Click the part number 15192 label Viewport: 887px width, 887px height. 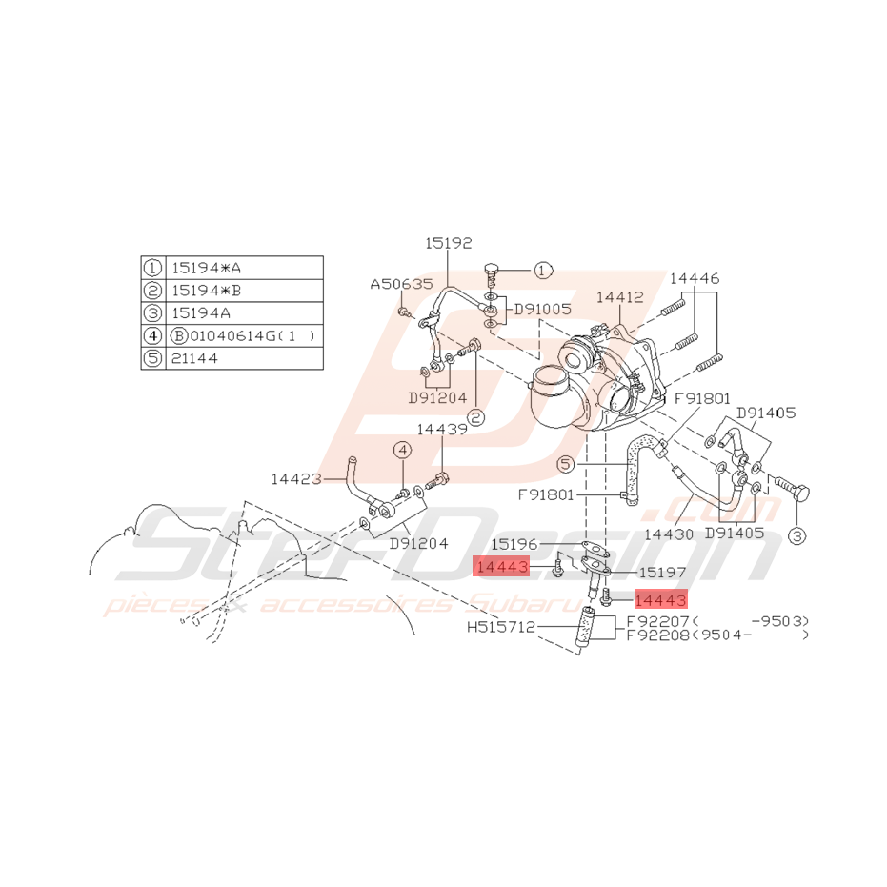point(447,243)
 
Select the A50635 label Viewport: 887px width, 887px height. point(401,284)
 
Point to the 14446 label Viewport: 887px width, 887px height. point(694,278)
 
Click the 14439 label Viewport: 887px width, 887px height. point(442,430)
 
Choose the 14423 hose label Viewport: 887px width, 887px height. point(296,478)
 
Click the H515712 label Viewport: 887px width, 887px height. point(501,628)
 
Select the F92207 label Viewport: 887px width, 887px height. point(658,621)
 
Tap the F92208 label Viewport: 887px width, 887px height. point(658,635)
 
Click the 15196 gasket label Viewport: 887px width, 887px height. point(515,544)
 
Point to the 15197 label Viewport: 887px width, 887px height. point(661,573)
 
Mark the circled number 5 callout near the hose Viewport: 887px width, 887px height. point(566,465)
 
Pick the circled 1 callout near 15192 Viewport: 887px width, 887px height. point(541,271)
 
